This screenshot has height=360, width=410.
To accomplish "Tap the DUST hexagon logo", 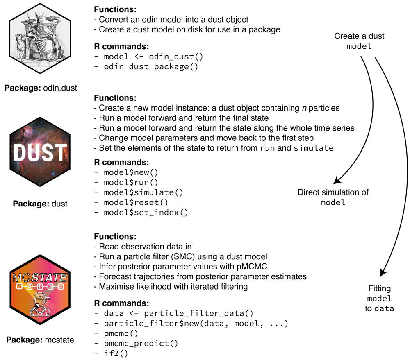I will tap(40, 153).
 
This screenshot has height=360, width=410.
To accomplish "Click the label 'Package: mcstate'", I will tap(40, 340).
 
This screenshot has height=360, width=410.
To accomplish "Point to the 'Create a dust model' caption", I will tap(359, 41).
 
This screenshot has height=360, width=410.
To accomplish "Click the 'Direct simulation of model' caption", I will tap(333, 197).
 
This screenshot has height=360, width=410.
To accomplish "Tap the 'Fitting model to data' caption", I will tap(379, 299).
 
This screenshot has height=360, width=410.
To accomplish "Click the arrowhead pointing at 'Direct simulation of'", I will tap(337, 181).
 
